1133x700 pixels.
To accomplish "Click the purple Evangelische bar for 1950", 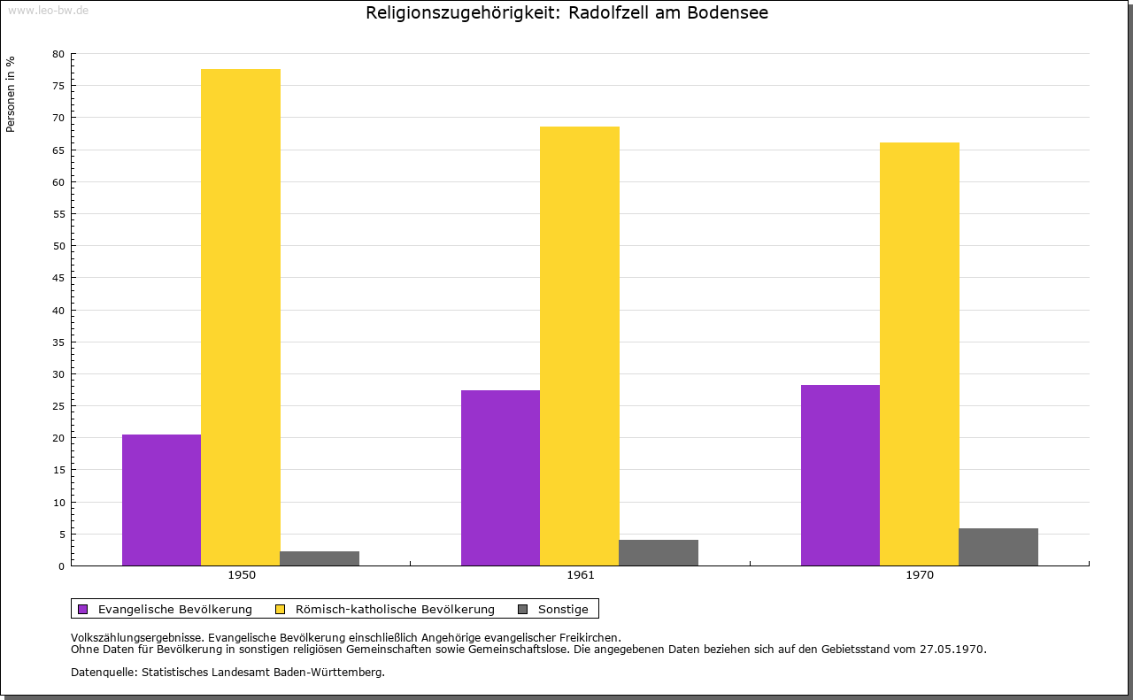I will pos(161,500).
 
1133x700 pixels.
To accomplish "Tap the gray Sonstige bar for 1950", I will pos(320,558).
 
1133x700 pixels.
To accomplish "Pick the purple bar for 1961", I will pos(500,478).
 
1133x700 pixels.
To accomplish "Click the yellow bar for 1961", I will pos(580,346).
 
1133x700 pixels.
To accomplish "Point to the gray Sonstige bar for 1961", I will pos(659,553).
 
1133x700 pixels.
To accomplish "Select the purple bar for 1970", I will pos(840,475).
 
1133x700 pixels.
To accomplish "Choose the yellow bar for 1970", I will pos(919,354).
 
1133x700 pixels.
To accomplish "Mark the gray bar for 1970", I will pos(998,547).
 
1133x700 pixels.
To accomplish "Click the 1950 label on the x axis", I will pos(242,575).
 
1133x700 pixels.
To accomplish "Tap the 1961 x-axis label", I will pos(581,575).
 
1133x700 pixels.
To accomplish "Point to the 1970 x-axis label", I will pos(920,575).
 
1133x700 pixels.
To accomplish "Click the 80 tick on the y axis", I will pos(58,54).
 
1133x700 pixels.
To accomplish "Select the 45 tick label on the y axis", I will pos(58,278).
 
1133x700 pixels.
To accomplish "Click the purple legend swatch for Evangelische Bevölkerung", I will pos(83,609).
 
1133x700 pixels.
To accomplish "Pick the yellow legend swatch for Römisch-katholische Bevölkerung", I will pos(280,609).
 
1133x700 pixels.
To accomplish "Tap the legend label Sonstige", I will pos(563,609).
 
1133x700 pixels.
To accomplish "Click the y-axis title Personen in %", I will pos(11,94).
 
